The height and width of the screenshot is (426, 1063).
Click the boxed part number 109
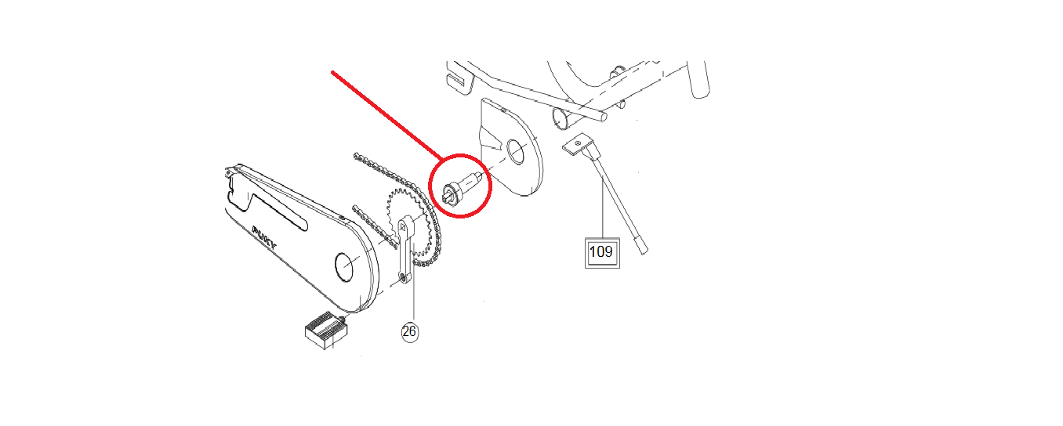[x=601, y=252]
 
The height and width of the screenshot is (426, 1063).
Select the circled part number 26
[x=409, y=331]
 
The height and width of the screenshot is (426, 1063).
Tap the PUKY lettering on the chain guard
[x=264, y=238]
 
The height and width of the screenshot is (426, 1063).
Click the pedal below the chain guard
[x=325, y=330]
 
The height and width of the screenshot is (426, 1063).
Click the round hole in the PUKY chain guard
[x=346, y=266]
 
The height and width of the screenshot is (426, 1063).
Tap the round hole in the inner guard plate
[x=515, y=152]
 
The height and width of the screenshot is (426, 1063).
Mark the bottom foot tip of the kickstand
[x=644, y=248]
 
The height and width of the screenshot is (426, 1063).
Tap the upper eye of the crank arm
[x=405, y=225]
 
